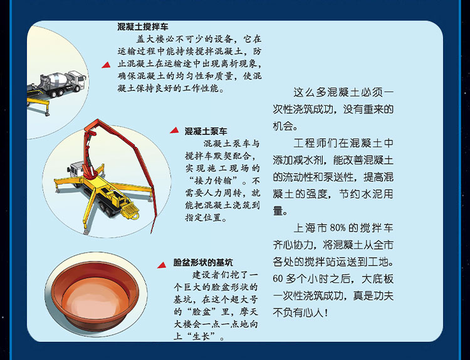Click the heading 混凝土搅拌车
pyautogui.click(x=143, y=27)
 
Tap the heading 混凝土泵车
pyautogui.click(x=206, y=131)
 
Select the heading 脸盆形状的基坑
pyautogui.click(x=203, y=263)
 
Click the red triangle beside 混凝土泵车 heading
pyautogui.click(x=174, y=130)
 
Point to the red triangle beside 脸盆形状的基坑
pyautogui.click(x=162, y=265)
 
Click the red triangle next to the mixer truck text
pyautogui.click(x=106, y=65)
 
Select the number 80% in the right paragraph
pyautogui.click(x=337, y=228)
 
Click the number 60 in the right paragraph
pyautogui.click(x=278, y=278)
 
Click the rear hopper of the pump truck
pyautogui.click(x=130, y=211)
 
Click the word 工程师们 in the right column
pyautogui.click(x=316, y=144)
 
